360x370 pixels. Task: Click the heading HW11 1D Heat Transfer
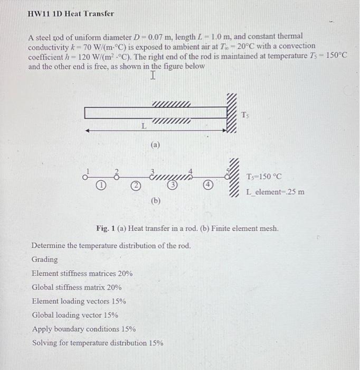pyautogui.click(x=70, y=14)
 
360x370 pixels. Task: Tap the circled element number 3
pyautogui.click(x=173, y=186)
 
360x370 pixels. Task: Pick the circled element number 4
pyautogui.click(x=209, y=185)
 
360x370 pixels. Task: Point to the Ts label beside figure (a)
pyautogui.click(x=245, y=114)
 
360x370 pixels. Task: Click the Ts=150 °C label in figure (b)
pyautogui.click(x=263, y=177)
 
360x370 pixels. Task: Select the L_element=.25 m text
pyautogui.click(x=274, y=191)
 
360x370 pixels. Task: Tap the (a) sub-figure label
pyautogui.click(x=155, y=143)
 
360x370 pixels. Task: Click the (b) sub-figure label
pyautogui.click(x=155, y=200)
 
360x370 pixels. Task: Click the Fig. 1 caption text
pyautogui.click(x=187, y=228)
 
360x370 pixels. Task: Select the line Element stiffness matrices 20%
pyautogui.click(x=82, y=273)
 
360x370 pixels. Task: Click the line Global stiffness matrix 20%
pyautogui.click(x=77, y=288)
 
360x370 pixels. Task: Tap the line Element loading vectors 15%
pyautogui.click(x=79, y=301)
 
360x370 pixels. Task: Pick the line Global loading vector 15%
pyautogui.click(x=75, y=315)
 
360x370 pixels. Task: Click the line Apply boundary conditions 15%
pyautogui.click(x=83, y=329)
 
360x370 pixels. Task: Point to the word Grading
pyautogui.click(x=45, y=260)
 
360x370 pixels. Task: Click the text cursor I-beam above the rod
pyautogui.click(x=153, y=76)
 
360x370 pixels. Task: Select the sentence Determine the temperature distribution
pyautogui.click(x=111, y=246)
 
